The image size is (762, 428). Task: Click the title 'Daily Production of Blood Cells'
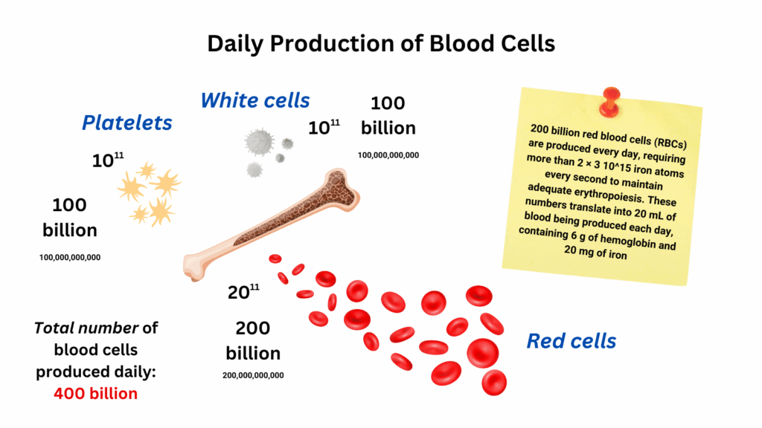pos(381,44)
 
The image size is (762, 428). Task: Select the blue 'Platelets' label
pos(127,123)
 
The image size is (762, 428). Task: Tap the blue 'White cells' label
pos(255,100)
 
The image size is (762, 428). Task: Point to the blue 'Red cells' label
pos(571,341)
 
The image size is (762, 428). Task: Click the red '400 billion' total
pos(96,394)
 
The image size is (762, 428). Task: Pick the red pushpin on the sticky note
pos(610,102)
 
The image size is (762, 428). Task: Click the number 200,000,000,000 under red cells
pos(253,375)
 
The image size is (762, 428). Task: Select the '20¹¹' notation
pos(243,291)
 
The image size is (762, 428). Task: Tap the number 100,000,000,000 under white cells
pos(388,155)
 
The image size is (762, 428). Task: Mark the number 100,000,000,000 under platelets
pos(70,258)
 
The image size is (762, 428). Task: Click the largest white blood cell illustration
pos(259,142)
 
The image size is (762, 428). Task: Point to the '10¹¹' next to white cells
pos(324,128)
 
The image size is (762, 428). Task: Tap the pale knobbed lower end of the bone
pos(194,267)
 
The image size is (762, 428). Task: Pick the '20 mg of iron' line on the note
pos(595,252)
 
